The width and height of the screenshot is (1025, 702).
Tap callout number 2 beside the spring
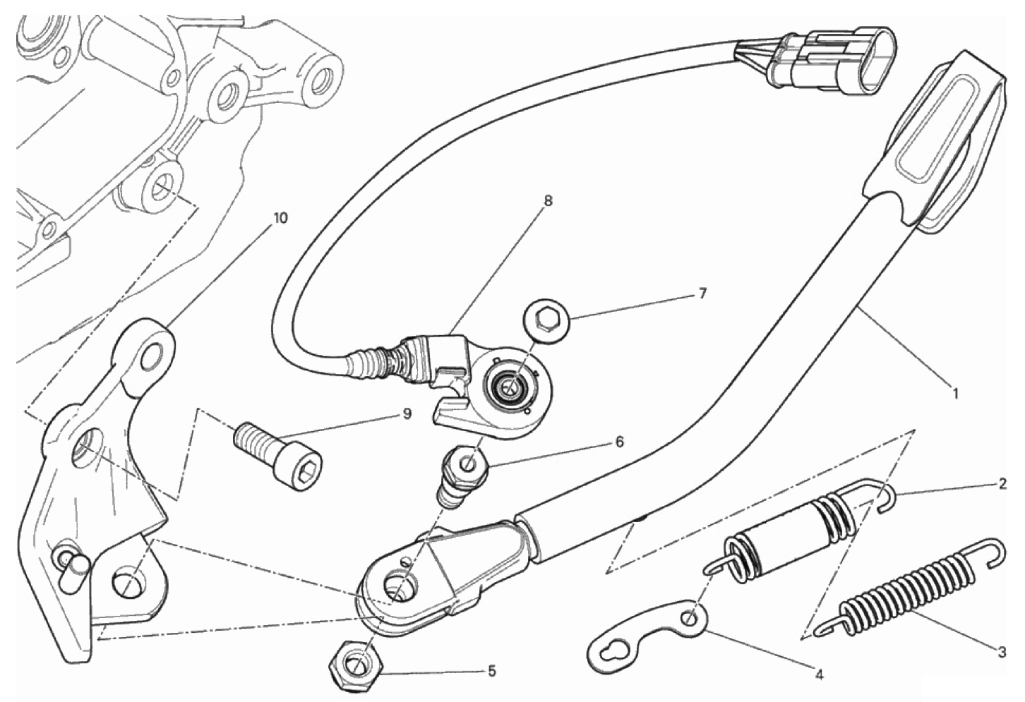[1002, 484]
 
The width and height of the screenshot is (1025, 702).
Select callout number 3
[1002, 652]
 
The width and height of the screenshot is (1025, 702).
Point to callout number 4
[819, 674]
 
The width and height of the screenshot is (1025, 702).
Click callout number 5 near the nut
[491, 672]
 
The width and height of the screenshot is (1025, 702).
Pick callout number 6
[620, 442]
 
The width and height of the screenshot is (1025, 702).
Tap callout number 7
[703, 293]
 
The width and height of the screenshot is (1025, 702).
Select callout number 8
[549, 201]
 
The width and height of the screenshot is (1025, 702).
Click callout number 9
[407, 414]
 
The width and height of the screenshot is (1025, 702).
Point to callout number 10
[280, 218]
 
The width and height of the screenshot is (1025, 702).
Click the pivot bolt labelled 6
[462, 478]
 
